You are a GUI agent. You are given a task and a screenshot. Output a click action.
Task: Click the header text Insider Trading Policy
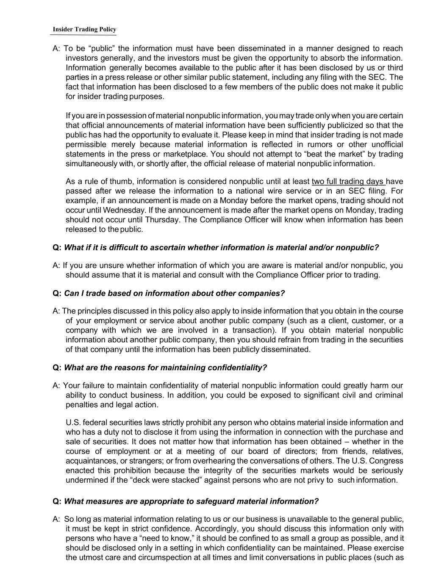[84, 29]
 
